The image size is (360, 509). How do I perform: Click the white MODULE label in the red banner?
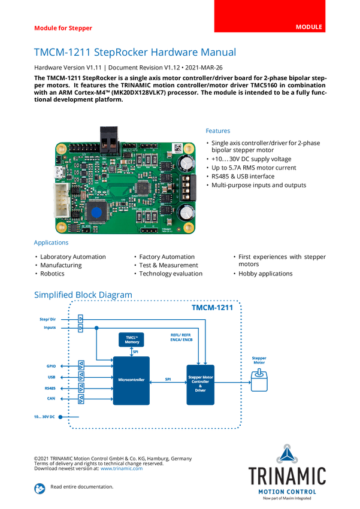click(x=309, y=28)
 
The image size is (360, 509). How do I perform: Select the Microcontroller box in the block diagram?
click(x=131, y=380)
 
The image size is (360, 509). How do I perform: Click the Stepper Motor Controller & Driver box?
click(x=201, y=383)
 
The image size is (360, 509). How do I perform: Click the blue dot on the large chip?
click(x=95, y=211)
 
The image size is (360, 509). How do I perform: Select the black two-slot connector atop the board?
click(x=108, y=140)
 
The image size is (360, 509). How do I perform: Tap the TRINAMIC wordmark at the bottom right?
click(x=288, y=476)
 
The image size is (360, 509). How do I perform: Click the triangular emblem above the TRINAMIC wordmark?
click(x=288, y=453)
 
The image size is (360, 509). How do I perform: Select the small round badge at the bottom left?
click(x=40, y=488)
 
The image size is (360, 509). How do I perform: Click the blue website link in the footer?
click(x=122, y=468)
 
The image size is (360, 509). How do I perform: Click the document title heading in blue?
click(x=135, y=52)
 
